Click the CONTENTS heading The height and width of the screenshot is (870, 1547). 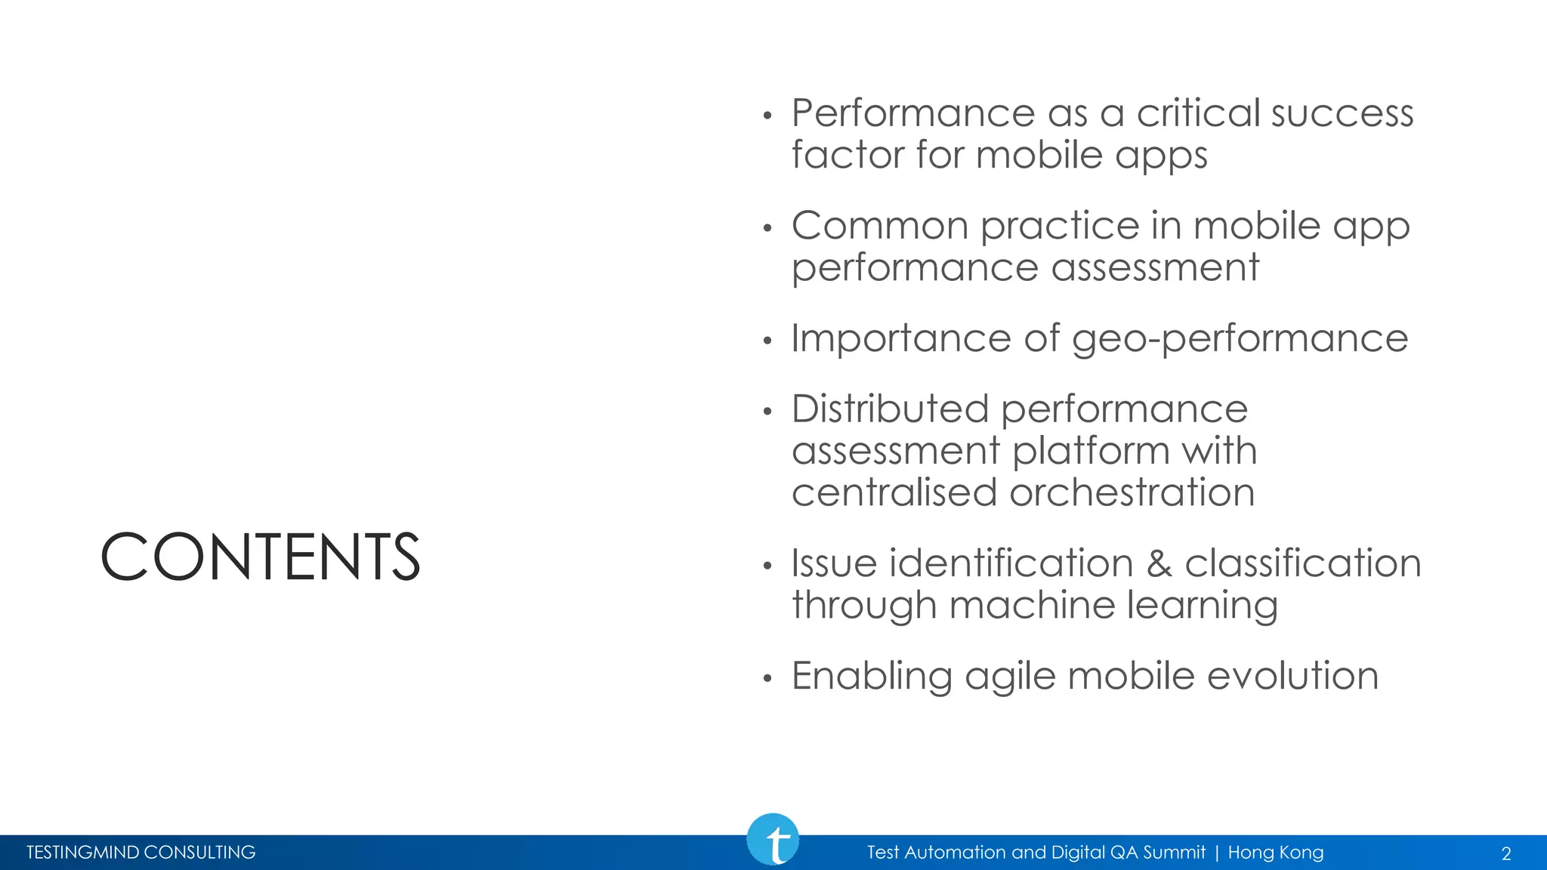tap(260, 557)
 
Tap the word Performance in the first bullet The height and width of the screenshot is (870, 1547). tap(912, 114)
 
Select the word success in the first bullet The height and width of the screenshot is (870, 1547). tap(1342, 114)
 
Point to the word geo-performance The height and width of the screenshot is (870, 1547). tap(1240, 339)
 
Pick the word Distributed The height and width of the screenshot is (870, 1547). tap(890, 409)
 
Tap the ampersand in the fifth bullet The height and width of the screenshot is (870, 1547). tap(1159, 564)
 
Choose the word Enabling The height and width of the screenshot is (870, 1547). tap(872, 677)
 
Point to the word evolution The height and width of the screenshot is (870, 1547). tap(1292, 676)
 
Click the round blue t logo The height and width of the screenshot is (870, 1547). tap(773, 840)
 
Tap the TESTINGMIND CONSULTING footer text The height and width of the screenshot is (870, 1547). tap(141, 853)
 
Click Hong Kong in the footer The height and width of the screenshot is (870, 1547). tap(1276, 853)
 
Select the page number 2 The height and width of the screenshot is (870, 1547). tap(1505, 854)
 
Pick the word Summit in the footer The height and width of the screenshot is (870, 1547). tap(1174, 853)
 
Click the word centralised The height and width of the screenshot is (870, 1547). tap(894, 493)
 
